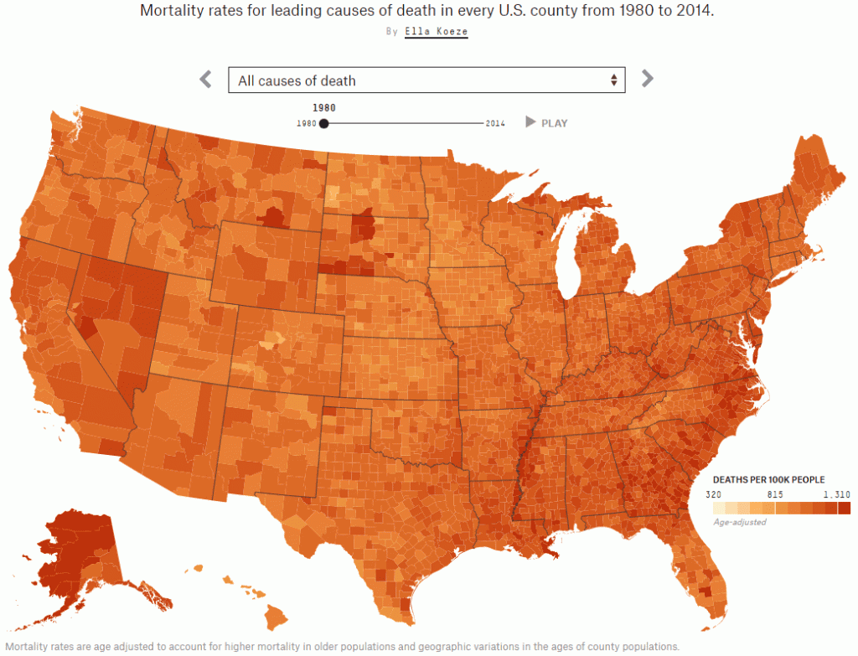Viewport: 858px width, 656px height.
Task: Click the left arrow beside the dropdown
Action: point(205,80)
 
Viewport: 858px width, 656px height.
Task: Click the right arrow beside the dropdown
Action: point(647,79)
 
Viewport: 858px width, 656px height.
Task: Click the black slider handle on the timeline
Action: point(324,123)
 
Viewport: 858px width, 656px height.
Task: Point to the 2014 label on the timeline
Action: point(495,124)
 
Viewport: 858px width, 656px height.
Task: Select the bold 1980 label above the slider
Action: point(324,107)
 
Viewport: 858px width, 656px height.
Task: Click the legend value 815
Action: point(775,494)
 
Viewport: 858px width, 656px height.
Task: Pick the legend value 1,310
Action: point(838,494)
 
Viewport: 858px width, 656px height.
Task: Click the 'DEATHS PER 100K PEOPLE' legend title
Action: point(768,480)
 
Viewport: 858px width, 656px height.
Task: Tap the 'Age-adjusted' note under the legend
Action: point(739,522)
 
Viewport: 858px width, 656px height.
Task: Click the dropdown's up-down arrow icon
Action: point(613,80)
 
